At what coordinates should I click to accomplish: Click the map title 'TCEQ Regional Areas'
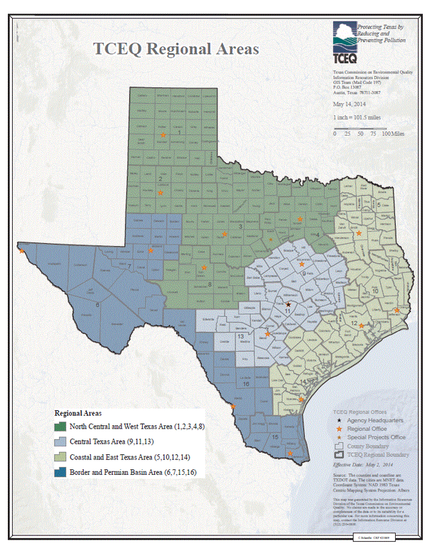(x=177, y=49)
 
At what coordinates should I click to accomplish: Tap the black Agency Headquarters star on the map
(x=288, y=304)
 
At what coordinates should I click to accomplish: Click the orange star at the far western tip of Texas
(x=22, y=250)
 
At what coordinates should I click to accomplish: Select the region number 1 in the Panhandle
(x=180, y=132)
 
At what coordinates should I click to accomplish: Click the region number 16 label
(x=245, y=383)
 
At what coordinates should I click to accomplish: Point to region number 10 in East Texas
(x=375, y=291)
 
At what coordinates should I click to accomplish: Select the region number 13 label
(x=241, y=335)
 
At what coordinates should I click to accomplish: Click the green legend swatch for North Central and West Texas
(x=63, y=427)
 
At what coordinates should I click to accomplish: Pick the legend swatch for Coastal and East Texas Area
(x=63, y=456)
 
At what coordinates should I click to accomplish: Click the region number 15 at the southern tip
(x=275, y=436)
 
